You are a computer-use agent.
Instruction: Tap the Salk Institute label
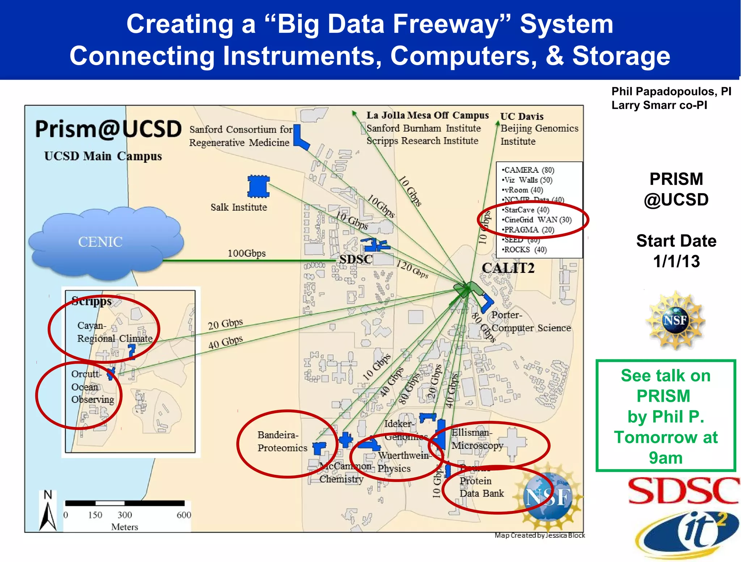pos(239,207)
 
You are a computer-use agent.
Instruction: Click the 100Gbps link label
pos(246,253)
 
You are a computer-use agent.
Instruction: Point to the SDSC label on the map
pos(355,259)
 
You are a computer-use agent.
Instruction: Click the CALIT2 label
pos(508,268)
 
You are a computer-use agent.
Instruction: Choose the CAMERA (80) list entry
pos(529,170)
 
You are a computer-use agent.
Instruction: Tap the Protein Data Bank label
pos(481,487)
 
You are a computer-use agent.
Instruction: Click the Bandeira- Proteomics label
pos(282,441)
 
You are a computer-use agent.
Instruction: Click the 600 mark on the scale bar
pos(184,515)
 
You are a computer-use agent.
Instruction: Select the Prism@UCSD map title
pos(108,129)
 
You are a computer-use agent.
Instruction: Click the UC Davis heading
pos(522,117)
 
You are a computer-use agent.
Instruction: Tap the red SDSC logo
pos(683,491)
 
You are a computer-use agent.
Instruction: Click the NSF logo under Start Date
pos(675,321)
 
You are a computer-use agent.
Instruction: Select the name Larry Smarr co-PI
pos(659,105)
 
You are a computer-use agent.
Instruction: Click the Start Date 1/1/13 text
pos(676,251)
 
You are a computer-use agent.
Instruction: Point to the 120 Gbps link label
pos(412,270)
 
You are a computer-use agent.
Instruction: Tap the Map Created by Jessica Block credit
pos(539,535)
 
